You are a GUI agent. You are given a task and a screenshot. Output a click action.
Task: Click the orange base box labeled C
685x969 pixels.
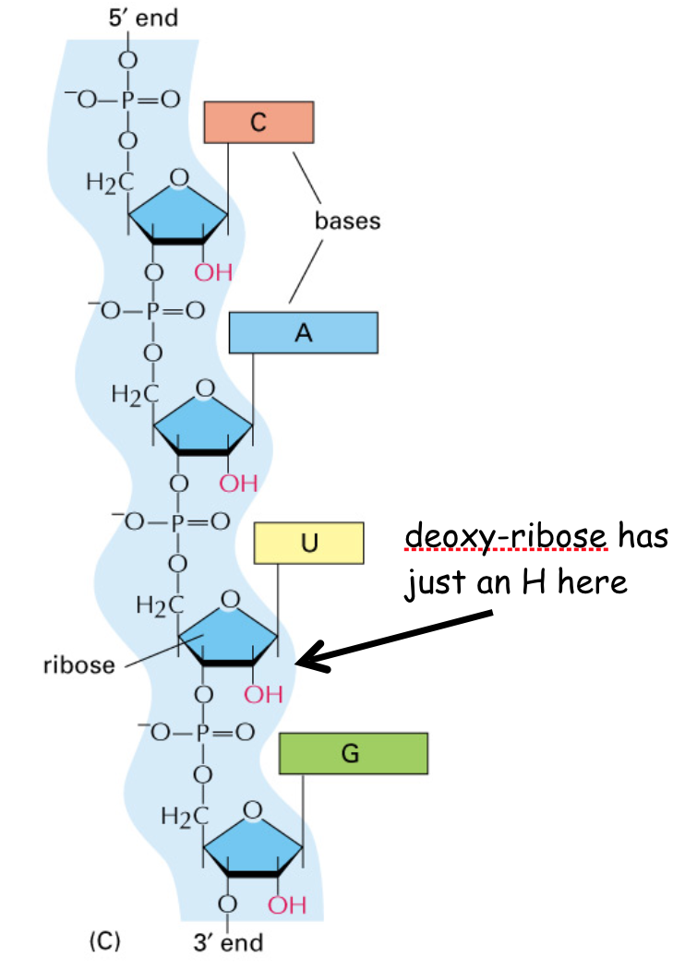[258, 123]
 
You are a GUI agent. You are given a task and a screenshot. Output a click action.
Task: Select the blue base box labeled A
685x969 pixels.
[303, 332]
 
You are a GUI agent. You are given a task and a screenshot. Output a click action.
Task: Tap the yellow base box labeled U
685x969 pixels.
[308, 544]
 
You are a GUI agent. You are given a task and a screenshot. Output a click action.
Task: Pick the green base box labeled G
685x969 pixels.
[353, 753]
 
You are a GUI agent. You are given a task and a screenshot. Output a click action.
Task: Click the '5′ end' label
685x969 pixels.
[143, 18]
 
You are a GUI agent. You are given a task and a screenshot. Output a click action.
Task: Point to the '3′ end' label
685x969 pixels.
[228, 942]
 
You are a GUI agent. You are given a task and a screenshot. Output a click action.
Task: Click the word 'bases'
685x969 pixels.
[347, 221]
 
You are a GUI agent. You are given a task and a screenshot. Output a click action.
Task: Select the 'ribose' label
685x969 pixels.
[79, 665]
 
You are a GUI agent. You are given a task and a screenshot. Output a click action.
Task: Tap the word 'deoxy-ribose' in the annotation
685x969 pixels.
[506, 535]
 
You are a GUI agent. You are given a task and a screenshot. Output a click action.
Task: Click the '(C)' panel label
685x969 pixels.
[104, 941]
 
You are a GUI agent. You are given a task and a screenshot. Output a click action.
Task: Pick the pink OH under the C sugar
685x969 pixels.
[213, 272]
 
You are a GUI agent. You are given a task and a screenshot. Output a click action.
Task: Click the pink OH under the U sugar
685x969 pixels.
[263, 694]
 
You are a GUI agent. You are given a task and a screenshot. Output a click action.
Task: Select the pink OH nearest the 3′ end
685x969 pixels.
[287, 904]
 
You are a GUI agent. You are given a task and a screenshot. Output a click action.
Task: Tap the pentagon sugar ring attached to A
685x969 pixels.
[203, 427]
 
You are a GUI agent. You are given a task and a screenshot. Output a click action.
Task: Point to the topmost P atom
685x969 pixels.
[128, 100]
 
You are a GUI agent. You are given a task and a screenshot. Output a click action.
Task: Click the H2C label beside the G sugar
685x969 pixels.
[185, 816]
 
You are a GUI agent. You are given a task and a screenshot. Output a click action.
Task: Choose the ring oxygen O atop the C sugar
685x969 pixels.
[179, 178]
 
